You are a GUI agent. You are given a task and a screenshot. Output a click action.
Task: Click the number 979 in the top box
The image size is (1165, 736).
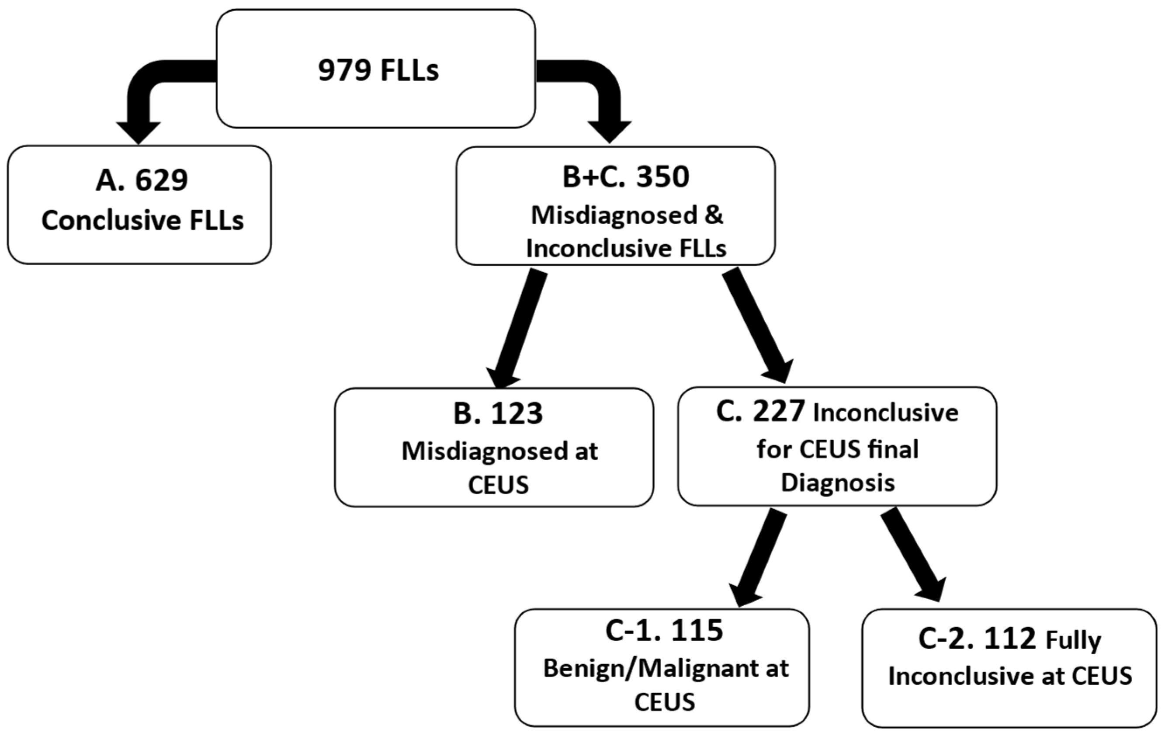coord(345,70)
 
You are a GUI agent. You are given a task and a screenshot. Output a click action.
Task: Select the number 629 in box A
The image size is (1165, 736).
coord(161,181)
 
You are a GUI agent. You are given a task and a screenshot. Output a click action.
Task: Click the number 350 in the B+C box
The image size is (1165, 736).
coord(662,177)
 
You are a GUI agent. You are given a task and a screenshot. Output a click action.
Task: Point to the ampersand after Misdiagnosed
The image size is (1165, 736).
coord(714,215)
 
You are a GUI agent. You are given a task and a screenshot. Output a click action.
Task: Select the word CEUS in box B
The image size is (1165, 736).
coord(498,485)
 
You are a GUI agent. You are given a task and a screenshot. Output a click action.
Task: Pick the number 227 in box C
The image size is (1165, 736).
coord(779,412)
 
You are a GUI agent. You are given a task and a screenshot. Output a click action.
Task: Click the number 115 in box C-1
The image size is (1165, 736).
coord(697,631)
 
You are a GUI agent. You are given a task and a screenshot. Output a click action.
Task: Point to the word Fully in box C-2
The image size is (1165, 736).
coord(1073,641)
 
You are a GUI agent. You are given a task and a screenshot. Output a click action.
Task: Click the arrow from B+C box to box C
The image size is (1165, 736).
coord(757,324)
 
